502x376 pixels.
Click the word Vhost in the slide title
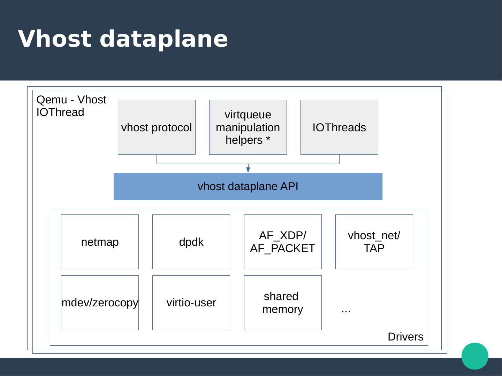(55, 39)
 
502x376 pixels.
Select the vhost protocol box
(157, 127)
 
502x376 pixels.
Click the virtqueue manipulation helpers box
(248, 127)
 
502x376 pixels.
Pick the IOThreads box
(339, 127)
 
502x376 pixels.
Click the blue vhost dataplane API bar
(248, 186)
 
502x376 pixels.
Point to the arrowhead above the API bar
(248, 170)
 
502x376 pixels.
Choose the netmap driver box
(100, 242)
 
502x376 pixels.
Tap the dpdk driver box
(191, 242)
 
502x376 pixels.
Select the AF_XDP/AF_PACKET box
(283, 242)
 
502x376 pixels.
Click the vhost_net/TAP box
(374, 242)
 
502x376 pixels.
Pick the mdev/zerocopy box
(100, 303)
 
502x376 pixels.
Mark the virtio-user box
(191, 303)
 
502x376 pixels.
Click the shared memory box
(283, 303)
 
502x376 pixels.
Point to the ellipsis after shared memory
(346, 311)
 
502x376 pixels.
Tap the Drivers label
(405, 337)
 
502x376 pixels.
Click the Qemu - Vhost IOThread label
(71, 106)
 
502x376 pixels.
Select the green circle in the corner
(475, 356)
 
